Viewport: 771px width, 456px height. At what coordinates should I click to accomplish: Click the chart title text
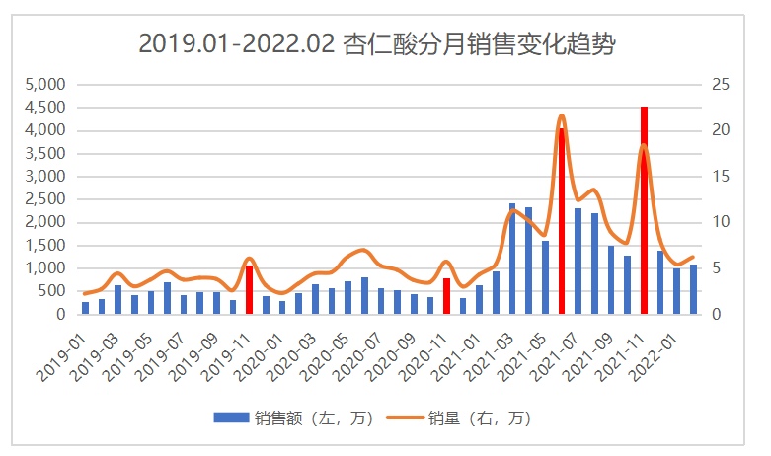[x=384, y=43]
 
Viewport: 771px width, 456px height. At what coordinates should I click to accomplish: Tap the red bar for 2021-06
[x=562, y=221]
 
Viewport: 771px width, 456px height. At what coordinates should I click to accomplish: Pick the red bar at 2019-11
[x=250, y=289]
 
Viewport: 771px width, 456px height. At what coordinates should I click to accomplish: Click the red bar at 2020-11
[x=446, y=296]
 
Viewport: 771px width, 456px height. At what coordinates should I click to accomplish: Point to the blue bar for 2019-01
[x=86, y=308]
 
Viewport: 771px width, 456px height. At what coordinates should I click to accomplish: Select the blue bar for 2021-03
[x=512, y=259]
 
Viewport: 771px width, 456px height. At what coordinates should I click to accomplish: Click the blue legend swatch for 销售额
[x=230, y=418]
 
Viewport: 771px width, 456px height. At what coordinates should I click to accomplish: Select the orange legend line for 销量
[x=408, y=418]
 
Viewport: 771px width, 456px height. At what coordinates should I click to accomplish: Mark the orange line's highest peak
[x=562, y=115]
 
